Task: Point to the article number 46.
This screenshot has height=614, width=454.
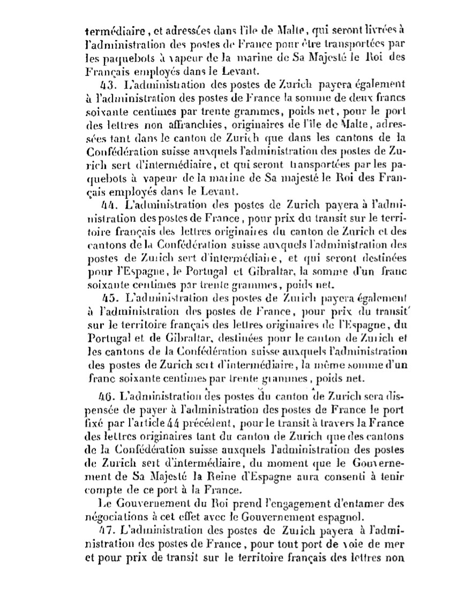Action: [107, 397]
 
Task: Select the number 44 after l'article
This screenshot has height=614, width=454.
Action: [154, 424]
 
